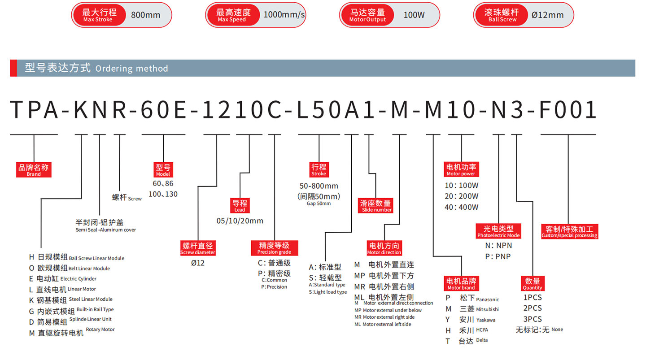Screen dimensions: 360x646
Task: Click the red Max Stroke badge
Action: tap(99, 15)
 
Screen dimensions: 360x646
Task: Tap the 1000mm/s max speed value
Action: tap(284, 15)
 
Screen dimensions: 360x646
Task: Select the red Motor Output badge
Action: tap(367, 15)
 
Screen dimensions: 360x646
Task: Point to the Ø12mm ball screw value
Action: tap(547, 15)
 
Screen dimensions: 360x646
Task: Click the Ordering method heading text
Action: tap(96, 68)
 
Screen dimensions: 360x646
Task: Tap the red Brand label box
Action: tap(34, 170)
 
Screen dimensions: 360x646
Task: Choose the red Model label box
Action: tap(163, 170)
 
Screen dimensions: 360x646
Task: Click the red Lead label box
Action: tap(240, 205)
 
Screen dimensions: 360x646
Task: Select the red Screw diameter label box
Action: tap(198, 248)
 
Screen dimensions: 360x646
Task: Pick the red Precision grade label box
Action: tap(274, 248)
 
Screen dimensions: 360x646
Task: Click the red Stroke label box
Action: tap(319, 169)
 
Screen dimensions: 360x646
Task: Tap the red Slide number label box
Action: tap(376, 205)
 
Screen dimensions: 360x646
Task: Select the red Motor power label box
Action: tap(461, 169)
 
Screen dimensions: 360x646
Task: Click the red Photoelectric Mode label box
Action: tap(498, 231)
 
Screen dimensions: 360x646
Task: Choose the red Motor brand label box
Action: tap(461, 284)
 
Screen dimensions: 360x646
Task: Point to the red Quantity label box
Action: tap(533, 284)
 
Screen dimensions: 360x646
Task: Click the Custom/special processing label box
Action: tap(569, 231)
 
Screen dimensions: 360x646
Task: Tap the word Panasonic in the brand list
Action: tap(487, 299)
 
